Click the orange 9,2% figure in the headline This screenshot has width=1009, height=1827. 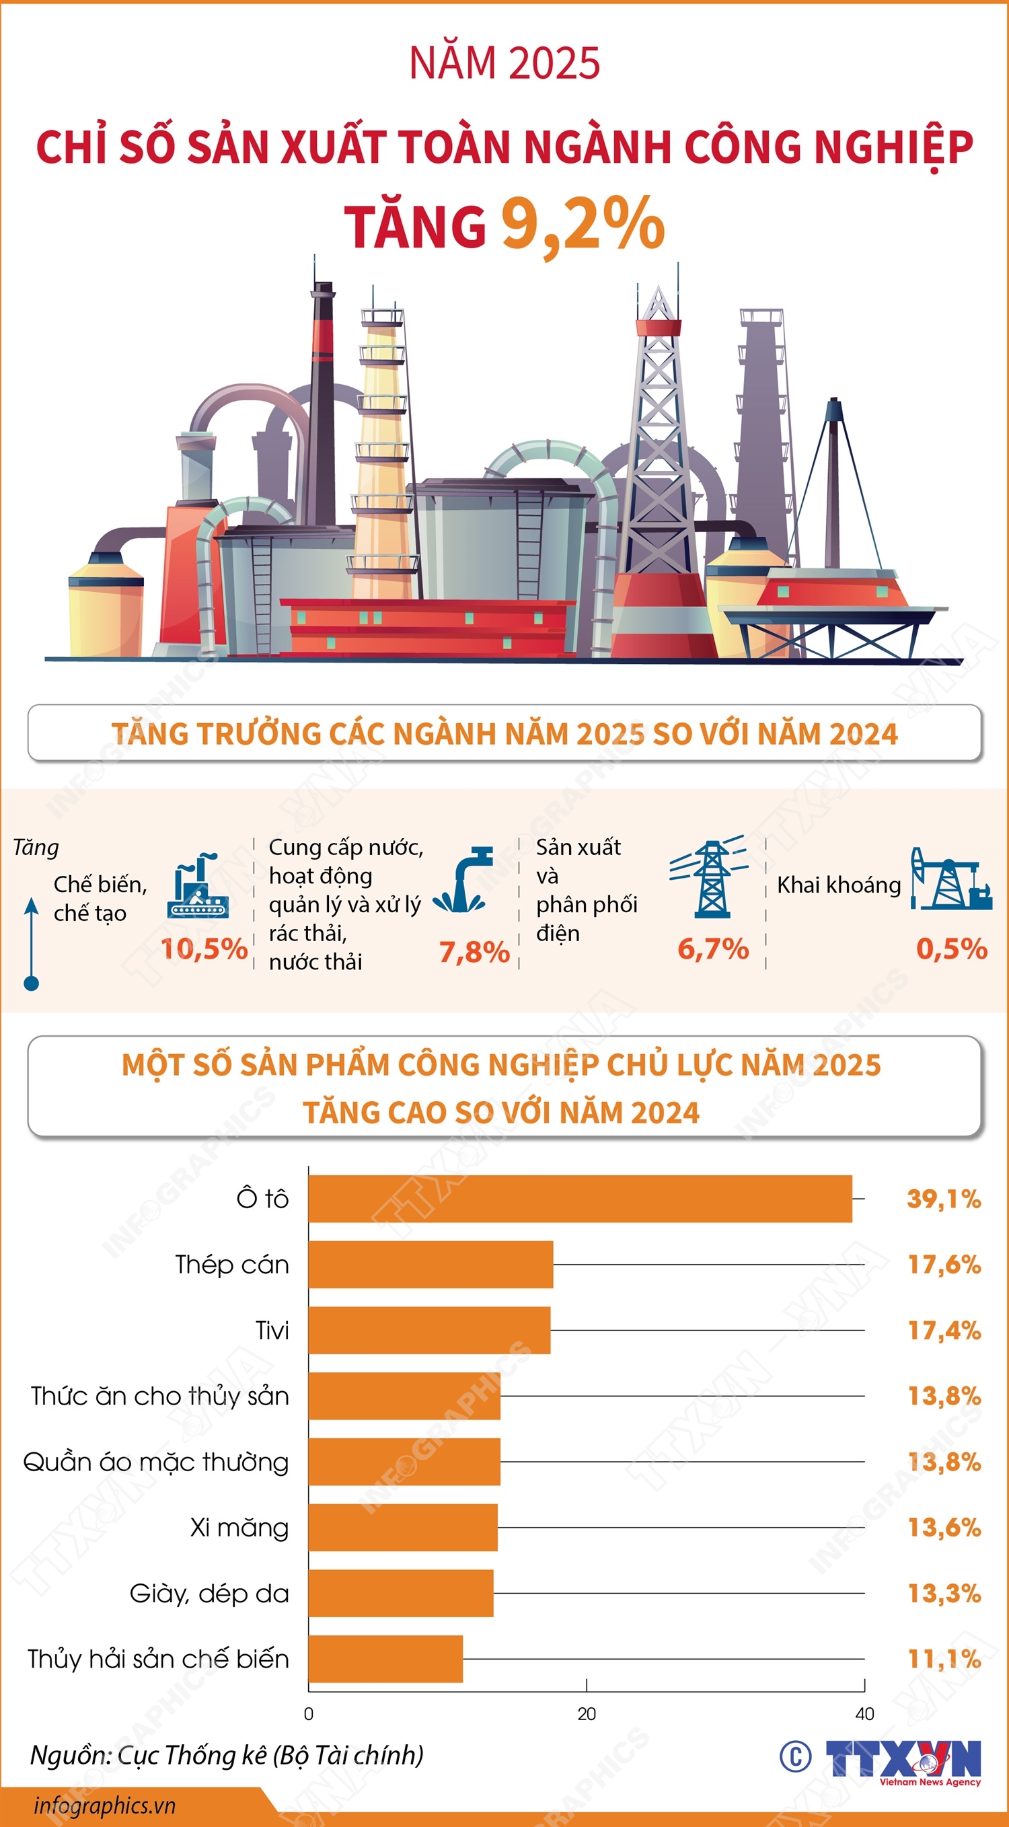[x=583, y=224]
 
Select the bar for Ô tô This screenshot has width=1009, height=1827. [x=580, y=1199]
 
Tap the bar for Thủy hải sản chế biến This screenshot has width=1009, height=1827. [x=385, y=1659]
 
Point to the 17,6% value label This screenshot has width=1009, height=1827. [x=944, y=1265]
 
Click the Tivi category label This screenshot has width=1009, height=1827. [x=272, y=1331]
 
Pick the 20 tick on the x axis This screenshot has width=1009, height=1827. [x=587, y=1714]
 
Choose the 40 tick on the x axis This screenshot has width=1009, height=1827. [x=864, y=1714]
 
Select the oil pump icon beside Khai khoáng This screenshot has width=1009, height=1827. [x=950, y=879]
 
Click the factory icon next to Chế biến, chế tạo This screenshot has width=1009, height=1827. [x=198, y=886]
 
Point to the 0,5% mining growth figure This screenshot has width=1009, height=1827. [x=952, y=949]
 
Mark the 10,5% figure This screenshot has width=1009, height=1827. [x=204, y=949]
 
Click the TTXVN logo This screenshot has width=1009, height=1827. [x=903, y=1758]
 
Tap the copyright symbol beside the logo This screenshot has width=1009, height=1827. [x=796, y=1757]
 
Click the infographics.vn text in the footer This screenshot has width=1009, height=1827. [x=104, y=1805]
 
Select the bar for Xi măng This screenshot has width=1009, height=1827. [x=403, y=1527]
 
